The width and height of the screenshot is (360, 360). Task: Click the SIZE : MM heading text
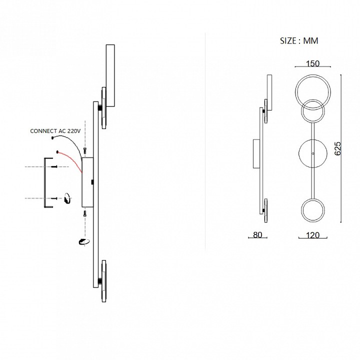[299, 41]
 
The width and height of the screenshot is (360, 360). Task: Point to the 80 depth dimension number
[257, 235]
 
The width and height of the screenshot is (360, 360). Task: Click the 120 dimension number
[312, 235]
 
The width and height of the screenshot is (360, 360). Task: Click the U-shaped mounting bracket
[45, 182]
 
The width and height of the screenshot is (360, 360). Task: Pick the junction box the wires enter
[88, 182]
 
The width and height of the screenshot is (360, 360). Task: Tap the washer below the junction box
[82, 242]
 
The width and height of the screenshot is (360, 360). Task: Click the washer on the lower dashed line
[66, 199]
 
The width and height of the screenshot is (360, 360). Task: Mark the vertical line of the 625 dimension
[341, 148]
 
